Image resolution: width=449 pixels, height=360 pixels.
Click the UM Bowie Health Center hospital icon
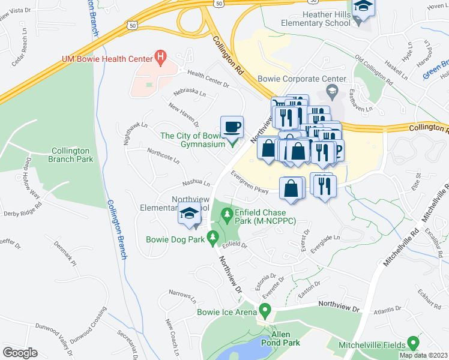click(160, 58)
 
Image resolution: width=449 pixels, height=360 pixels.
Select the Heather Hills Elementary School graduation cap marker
click(363, 8)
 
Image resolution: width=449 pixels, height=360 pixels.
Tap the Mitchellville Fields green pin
click(412, 343)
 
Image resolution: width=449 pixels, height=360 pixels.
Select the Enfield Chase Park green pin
click(226, 214)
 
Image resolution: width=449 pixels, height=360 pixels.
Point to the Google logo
click(20, 352)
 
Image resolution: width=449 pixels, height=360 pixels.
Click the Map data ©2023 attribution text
click(423, 355)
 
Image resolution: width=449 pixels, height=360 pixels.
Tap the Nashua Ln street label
click(196, 182)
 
